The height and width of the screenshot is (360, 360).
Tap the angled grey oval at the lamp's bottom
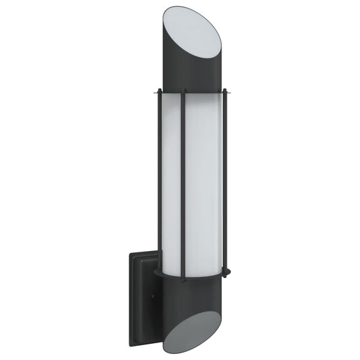[x=192, y=330]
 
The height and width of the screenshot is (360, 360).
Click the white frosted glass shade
[x=202, y=182]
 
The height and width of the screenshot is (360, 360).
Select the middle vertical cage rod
[x=183, y=182]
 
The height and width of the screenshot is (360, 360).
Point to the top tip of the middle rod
[x=183, y=89]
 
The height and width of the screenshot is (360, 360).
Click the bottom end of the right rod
[x=225, y=273]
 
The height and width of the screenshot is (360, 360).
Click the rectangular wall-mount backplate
[x=143, y=296]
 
